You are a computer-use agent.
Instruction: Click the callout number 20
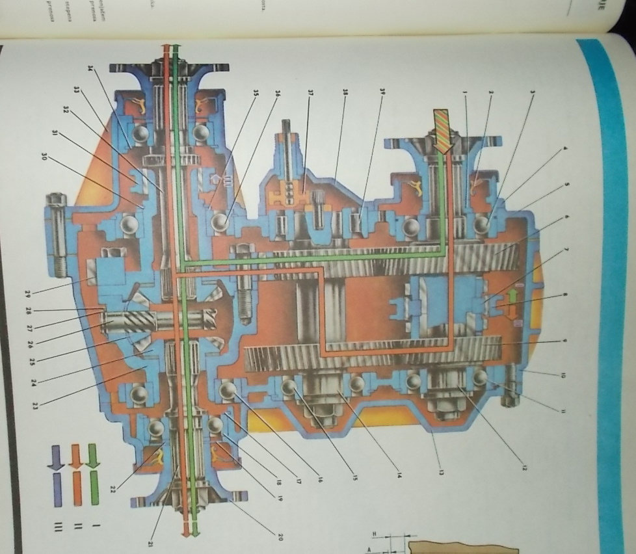pyautogui.click(x=280, y=537)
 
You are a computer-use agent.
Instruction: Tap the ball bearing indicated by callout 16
pyautogui.click(x=228, y=391)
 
